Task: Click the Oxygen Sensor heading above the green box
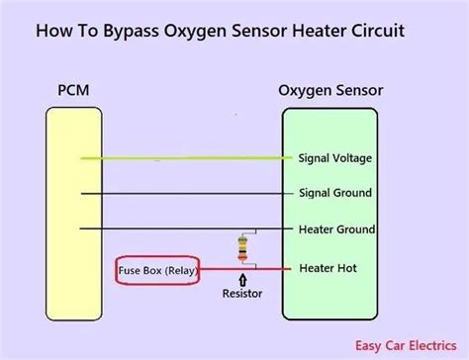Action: tap(329, 92)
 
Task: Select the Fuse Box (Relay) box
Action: tap(156, 269)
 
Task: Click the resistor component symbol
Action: tap(242, 248)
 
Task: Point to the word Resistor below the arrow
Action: tap(241, 295)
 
